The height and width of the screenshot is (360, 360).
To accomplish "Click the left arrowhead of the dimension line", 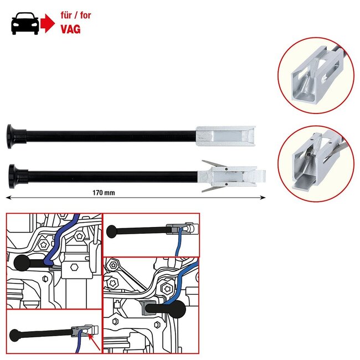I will coord(8,196).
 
